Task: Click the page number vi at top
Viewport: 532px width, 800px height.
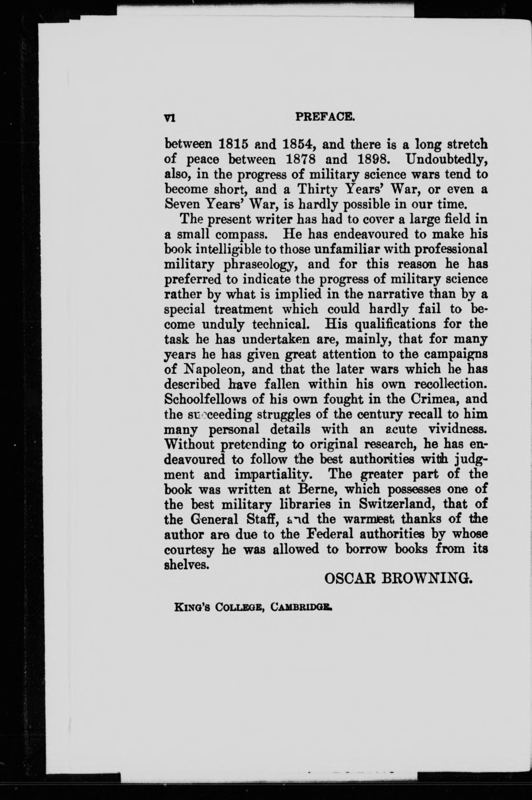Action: point(169,117)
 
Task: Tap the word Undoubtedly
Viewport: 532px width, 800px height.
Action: point(446,160)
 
